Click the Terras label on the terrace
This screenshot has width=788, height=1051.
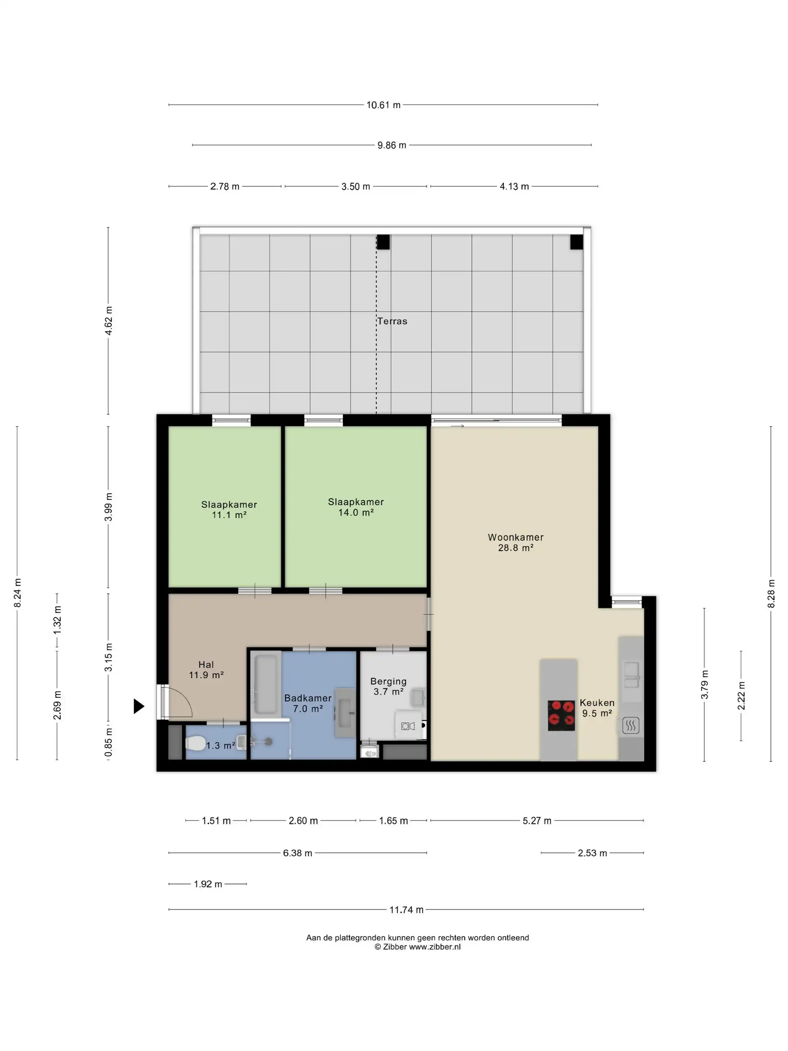[x=392, y=321]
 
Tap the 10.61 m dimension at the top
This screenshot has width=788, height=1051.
[x=383, y=105]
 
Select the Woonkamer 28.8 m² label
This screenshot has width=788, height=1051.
[x=515, y=542]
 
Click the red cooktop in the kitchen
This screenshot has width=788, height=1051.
[x=561, y=715]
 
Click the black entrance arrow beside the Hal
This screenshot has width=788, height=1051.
[x=138, y=706]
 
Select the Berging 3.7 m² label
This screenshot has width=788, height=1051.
[x=389, y=686]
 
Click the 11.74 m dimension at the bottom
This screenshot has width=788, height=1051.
[x=406, y=909]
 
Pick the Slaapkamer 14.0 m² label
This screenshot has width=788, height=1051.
[x=356, y=507]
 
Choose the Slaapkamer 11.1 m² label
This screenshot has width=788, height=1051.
[x=229, y=509]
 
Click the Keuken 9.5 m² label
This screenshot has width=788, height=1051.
[x=597, y=707]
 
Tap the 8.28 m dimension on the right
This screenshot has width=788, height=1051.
[x=771, y=593]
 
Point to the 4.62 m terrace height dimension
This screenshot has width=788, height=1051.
[x=109, y=321]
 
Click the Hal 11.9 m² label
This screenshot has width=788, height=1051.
[x=206, y=670]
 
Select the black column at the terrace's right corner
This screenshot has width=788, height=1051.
[x=577, y=242]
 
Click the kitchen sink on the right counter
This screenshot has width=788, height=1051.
[x=631, y=675]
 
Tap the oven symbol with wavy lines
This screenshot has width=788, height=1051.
[x=631, y=725]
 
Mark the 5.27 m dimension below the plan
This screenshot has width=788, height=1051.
[x=537, y=821]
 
